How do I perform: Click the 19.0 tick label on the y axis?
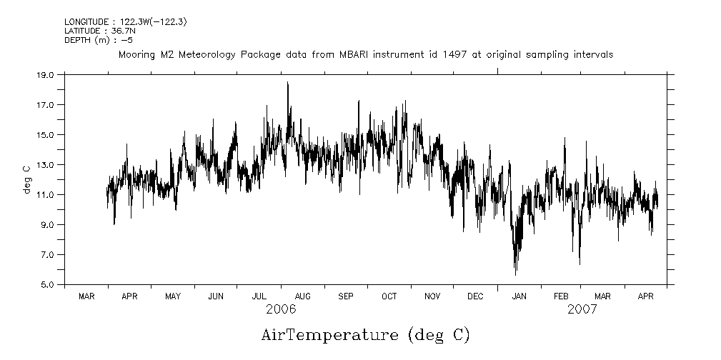45,74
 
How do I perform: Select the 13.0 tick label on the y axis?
45,164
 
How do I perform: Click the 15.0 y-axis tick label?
45,134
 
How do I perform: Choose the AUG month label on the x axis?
302,296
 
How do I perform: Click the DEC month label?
475,296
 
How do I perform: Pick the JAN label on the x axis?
519,296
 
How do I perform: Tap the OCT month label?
389,296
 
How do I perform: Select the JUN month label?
216,296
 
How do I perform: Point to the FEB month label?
562,296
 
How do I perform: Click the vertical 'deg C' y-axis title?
26,179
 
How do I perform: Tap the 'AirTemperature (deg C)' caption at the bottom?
366,334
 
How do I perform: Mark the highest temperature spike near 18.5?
287,83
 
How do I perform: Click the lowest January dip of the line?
515,274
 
